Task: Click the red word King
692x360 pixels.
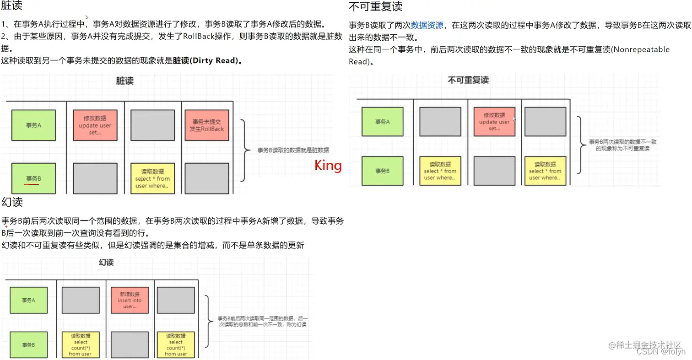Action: pyautogui.click(x=328, y=165)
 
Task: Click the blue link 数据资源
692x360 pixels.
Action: pyautogui.click(x=427, y=25)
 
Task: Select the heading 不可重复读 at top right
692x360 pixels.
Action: pyautogui.click(x=375, y=7)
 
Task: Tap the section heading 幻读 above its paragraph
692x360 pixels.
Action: pyautogui.click(x=12, y=202)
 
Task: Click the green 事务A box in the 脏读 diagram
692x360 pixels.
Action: pyautogui.click(x=33, y=125)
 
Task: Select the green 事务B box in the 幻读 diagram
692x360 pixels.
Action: pyautogui.click(x=28, y=345)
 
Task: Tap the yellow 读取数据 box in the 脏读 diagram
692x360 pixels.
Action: pyautogui.click(x=152, y=178)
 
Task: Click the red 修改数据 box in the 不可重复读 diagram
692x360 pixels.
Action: pyautogui.click(x=494, y=122)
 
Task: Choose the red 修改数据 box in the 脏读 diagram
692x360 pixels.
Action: pyautogui.click(x=95, y=125)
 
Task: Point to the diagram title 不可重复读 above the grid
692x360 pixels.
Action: pyautogui.click(x=468, y=80)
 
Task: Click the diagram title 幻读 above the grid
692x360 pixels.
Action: pyautogui.click(x=106, y=263)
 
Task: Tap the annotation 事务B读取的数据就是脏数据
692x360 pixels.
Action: pyautogui.click(x=293, y=150)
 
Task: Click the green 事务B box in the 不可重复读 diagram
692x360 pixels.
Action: pyautogui.click(x=382, y=171)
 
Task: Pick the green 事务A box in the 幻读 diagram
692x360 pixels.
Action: pyautogui.click(x=28, y=301)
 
